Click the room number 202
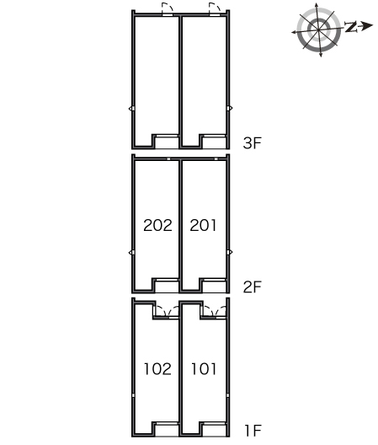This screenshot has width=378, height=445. (157, 225)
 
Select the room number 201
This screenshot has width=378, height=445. (203, 225)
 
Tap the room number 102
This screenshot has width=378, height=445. (157, 369)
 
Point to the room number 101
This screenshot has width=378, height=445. (204, 369)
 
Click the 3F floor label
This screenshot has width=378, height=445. (252, 142)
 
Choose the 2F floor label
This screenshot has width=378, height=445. (252, 287)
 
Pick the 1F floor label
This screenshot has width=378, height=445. (253, 431)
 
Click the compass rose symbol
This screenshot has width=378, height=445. (319, 29)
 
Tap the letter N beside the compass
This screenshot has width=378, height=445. (351, 27)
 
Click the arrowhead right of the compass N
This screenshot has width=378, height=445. (368, 26)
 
